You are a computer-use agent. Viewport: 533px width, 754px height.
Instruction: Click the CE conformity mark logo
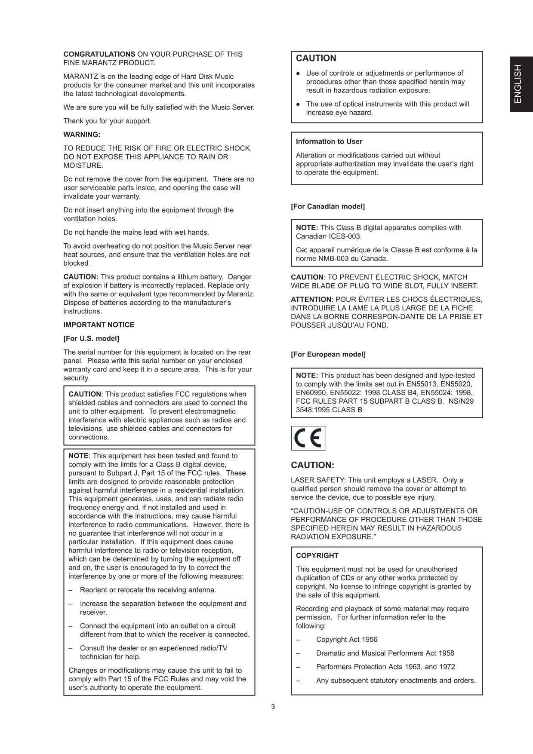pyautogui.click(x=308, y=438)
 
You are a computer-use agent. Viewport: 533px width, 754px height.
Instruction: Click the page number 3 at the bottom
pyautogui.click(x=273, y=707)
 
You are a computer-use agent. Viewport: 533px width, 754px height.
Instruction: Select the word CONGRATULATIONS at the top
pyautogui.click(x=99, y=54)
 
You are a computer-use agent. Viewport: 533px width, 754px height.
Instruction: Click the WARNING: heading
pyautogui.click(x=82, y=135)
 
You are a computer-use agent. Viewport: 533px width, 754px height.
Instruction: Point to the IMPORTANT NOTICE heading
pyautogui.click(x=99, y=325)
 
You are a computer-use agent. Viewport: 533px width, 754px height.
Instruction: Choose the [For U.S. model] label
pyautogui.click(x=91, y=338)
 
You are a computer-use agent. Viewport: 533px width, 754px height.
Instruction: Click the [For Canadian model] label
pyautogui.click(x=328, y=206)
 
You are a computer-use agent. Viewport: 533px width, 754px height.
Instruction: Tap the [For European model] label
pyautogui.click(x=328, y=354)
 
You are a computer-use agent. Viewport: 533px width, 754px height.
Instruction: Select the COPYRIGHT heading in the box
pyautogui.click(x=317, y=555)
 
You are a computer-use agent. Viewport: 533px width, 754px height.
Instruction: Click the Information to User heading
pyautogui.click(x=329, y=141)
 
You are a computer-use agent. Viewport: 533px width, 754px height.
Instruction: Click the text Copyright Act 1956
pyautogui.click(x=347, y=639)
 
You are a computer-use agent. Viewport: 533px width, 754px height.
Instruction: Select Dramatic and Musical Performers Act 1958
pyautogui.click(x=385, y=653)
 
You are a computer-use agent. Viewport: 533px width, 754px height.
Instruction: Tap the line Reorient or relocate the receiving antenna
pyautogui.click(x=148, y=590)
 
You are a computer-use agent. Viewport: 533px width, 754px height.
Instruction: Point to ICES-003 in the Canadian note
pyautogui.click(x=344, y=236)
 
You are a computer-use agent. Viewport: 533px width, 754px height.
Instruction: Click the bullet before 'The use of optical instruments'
pyautogui.click(x=298, y=104)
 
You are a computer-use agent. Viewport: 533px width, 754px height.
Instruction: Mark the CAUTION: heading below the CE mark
pyautogui.click(x=312, y=465)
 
